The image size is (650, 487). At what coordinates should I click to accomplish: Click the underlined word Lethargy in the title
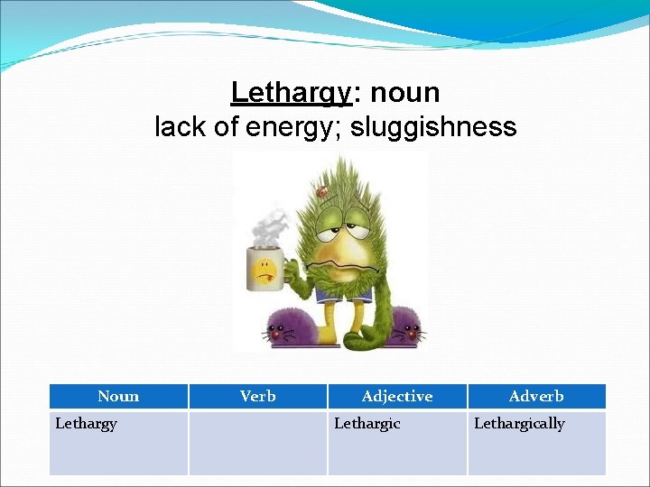(289, 93)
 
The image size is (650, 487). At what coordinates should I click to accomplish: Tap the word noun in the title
(405, 93)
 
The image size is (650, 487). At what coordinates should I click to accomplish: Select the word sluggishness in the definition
(433, 127)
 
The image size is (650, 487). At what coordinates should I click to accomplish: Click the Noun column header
(118, 396)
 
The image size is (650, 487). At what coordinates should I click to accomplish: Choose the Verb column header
(258, 396)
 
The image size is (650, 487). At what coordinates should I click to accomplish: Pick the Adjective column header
(397, 396)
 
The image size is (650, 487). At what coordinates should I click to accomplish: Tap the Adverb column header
(536, 396)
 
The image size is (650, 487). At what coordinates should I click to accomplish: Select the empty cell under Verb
(258, 442)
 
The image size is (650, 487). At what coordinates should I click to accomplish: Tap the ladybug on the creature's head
(321, 191)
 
